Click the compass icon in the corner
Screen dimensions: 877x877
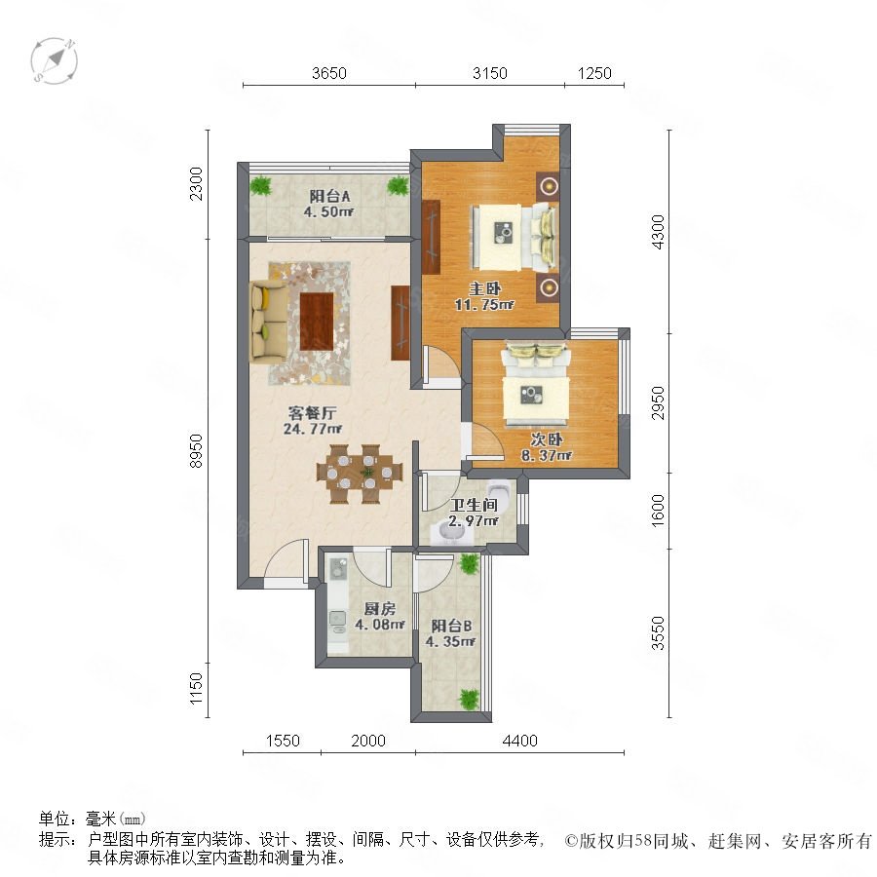(x=54, y=60)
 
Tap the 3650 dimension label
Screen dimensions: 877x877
(x=329, y=73)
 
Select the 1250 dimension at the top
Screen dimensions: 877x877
(x=594, y=73)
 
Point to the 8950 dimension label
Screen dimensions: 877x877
(x=196, y=451)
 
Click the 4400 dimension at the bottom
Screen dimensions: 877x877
(x=519, y=741)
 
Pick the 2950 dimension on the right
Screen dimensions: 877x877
(x=659, y=402)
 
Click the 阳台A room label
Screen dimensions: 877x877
(x=329, y=196)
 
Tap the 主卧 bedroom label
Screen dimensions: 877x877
(x=484, y=288)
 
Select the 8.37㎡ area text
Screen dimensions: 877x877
(x=547, y=456)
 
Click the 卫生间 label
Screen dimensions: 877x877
(x=474, y=505)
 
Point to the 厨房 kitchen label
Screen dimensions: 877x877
(x=380, y=609)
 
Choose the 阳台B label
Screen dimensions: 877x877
(x=451, y=626)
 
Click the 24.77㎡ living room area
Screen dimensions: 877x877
(x=312, y=429)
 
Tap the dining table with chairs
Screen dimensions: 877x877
(x=359, y=474)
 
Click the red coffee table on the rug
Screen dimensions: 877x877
(x=317, y=322)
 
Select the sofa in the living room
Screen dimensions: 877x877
(x=269, y=321)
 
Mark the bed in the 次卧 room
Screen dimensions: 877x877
(x=536, y=384)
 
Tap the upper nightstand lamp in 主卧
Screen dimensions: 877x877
(x=549, y=185)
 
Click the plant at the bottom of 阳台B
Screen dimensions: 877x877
(x=469, y=700)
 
